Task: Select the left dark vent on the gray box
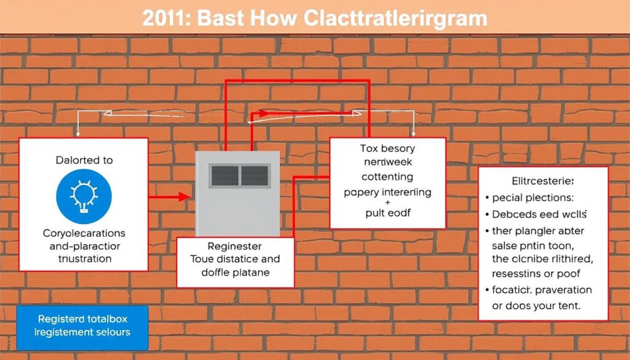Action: [225, 176]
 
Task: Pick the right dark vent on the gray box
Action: [254, 176]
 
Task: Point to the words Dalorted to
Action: [84, 160]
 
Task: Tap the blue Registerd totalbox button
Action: [83, 326]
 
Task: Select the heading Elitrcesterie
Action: [543, 182]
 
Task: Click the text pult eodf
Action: [387, 213]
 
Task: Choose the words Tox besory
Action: [387, 148]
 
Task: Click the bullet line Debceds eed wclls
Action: [539, 215]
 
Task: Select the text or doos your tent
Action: [536, 305]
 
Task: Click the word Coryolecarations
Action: [84, 234]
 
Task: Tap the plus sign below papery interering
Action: [387, 202]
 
